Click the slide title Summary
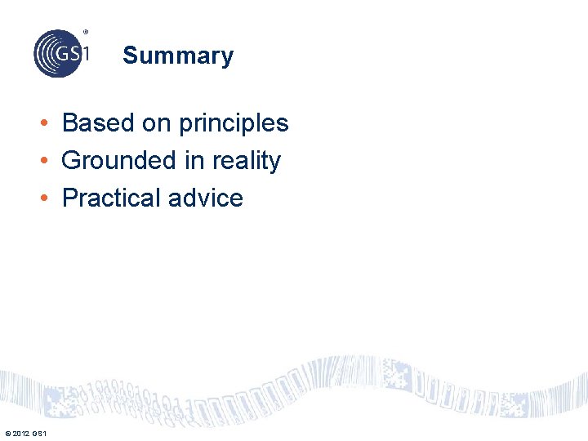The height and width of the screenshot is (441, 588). [178, 56]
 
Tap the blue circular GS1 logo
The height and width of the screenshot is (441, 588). [58, 53]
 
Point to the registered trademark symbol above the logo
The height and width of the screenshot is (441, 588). [85, 32]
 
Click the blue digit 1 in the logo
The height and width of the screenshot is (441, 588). [85, 53]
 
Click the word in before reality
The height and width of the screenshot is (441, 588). [194, 161]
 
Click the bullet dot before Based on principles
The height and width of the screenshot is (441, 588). [49, 124]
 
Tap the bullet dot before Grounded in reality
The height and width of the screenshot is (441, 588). [49, 162]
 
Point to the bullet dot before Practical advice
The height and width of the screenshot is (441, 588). [49, 199]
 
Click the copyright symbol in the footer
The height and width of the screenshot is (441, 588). [7, 432]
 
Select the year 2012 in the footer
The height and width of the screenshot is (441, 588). [21, 432]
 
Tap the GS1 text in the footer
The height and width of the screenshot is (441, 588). [40, 432]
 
